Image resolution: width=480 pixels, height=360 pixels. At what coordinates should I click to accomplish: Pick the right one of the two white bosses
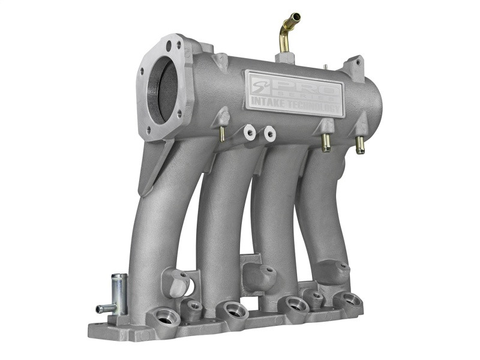(x=269, y=133)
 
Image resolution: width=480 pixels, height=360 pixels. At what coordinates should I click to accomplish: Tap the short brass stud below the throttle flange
(x=221, y=135)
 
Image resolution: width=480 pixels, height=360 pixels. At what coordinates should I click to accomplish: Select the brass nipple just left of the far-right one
(x=326, y=143)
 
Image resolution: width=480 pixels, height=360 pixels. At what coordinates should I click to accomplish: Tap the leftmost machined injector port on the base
(x=164, y=316)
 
